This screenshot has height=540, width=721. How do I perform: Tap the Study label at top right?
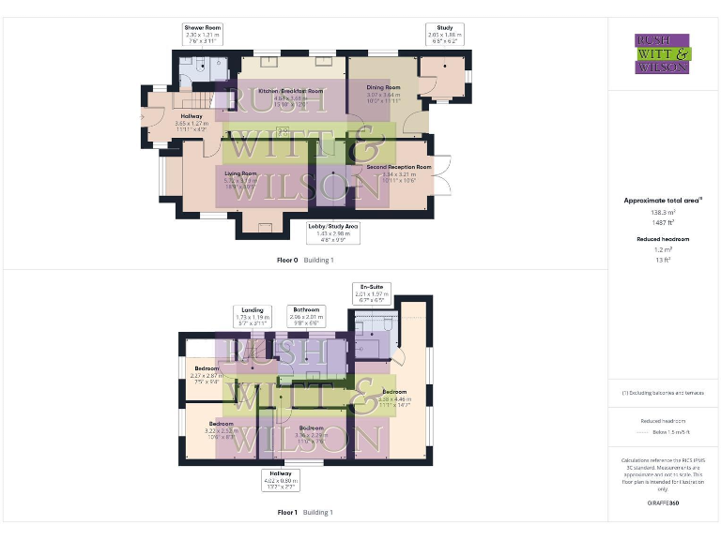pos(438,35)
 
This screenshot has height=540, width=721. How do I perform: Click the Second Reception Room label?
pos(392,170)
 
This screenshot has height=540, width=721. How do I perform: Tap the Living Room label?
pos(240,177)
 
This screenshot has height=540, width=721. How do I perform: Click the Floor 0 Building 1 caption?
pos(305,259)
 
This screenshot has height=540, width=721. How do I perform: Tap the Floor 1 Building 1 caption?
pos(305,513)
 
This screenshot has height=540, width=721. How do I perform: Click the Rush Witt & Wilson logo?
pos(663,53)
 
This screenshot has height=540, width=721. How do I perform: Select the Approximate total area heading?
pos(663,201)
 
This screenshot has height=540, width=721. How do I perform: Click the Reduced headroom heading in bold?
pos(663,239)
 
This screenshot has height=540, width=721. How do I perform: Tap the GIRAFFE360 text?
pos(663,503)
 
